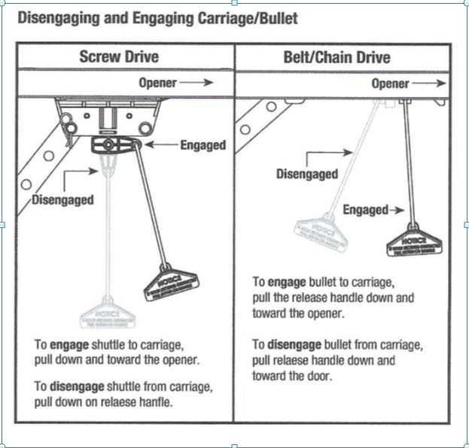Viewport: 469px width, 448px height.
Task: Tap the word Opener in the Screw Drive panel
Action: tap(157, 83)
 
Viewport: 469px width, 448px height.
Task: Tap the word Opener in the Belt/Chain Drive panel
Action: tap(390, 83)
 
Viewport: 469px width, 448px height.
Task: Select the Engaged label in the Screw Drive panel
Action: tap(203, 145)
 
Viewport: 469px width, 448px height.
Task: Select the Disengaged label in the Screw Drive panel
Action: tap(62, 200)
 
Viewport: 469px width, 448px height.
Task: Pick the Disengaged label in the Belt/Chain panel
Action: tap(306, 174)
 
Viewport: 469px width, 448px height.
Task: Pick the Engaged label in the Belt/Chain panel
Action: tap(365, 210)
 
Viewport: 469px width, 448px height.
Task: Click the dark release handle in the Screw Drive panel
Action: tap(172, 282)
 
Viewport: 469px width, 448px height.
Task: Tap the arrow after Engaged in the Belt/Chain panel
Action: tap(399, 210)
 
